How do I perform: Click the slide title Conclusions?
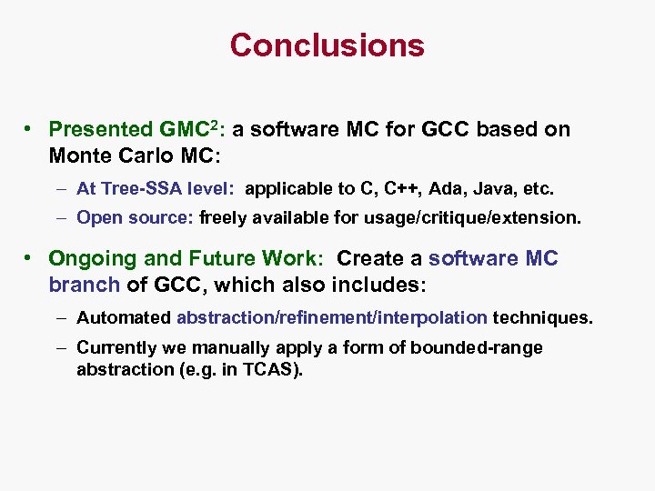pos(327,45)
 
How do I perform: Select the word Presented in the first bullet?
pos(100,129)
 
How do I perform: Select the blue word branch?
pos(84,285)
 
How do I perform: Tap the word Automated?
pos(124,318)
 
